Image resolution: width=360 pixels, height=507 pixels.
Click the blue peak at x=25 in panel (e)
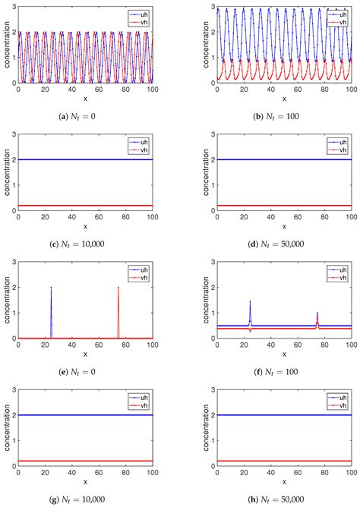tap(51, 289)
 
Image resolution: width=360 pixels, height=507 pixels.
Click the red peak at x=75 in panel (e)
tap(118, 289)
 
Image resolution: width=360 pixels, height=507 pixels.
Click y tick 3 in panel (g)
tap(12, 390)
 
